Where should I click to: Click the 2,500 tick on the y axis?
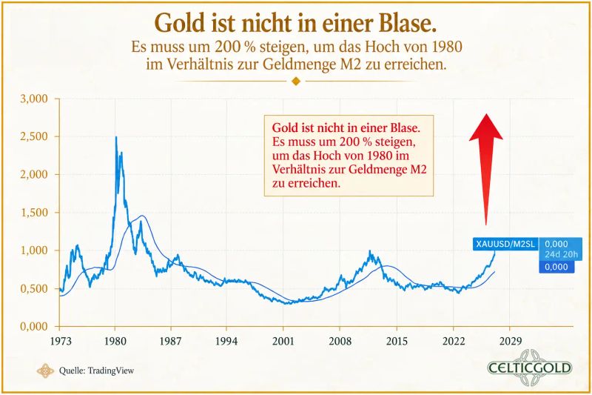(34, 136)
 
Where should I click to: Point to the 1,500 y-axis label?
(34, 213)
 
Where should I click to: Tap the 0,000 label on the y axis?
(34, 326)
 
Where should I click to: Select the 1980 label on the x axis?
(115, 341)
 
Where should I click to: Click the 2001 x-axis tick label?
(283, 341)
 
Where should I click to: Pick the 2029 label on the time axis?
(511, 341)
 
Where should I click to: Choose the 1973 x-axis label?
(61, 341)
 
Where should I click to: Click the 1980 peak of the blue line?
(116, 137)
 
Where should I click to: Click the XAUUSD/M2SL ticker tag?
(505, 244)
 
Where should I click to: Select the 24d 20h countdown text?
(561, 254)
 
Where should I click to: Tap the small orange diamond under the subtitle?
(296, 81)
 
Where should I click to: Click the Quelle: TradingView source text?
(96, 371)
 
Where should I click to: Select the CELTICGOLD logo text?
(530, 368)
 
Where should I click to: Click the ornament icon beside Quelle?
(45, 371)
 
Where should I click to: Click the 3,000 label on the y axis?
(34, 99)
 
